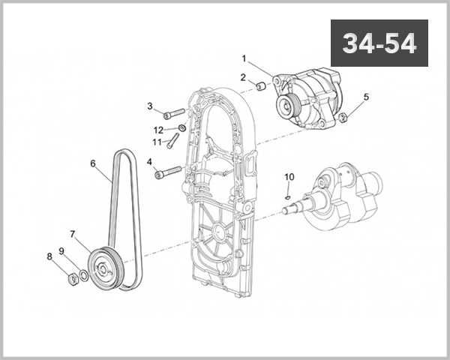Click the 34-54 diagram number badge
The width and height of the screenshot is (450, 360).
tap(379, 43)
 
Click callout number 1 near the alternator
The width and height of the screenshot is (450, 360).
tap(244, 58)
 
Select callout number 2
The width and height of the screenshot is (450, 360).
tap(243, 77)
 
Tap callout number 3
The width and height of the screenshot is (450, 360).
tap(149, 106)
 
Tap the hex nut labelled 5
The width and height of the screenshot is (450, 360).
tap(343, 118)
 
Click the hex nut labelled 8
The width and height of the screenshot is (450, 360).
tap(73, 279)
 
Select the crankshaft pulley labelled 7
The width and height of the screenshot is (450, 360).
tap(103, 268)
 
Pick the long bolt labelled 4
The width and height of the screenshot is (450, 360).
tap(168, 172)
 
